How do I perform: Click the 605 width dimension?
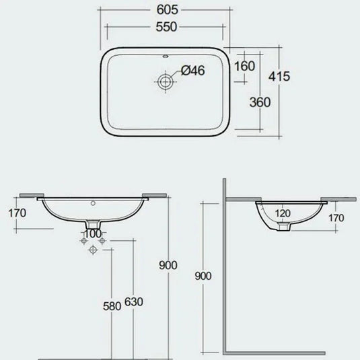[167, 9]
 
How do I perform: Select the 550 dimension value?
[166, 27]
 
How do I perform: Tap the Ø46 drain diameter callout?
[192, 70]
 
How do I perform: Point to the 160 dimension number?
[244, 66]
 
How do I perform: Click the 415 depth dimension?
[279, 76]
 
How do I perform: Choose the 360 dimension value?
[260, 102]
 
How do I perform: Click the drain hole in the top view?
[166, 81]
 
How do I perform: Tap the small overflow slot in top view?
[166, 56]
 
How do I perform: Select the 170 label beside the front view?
[17, 213]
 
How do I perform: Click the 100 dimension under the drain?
[93, 234]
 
